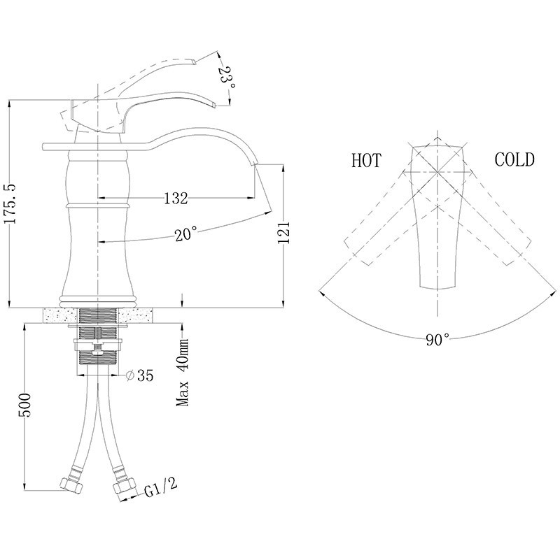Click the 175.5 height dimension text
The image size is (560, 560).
(x=9, y=203)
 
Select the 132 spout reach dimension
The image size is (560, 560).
(x=176, y=199)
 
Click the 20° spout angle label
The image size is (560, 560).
(x=186, y=235)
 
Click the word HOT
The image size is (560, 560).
(x=365, y=161)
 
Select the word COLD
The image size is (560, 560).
(x=514, y=160)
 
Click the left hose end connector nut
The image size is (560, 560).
(x=71, y=484)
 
